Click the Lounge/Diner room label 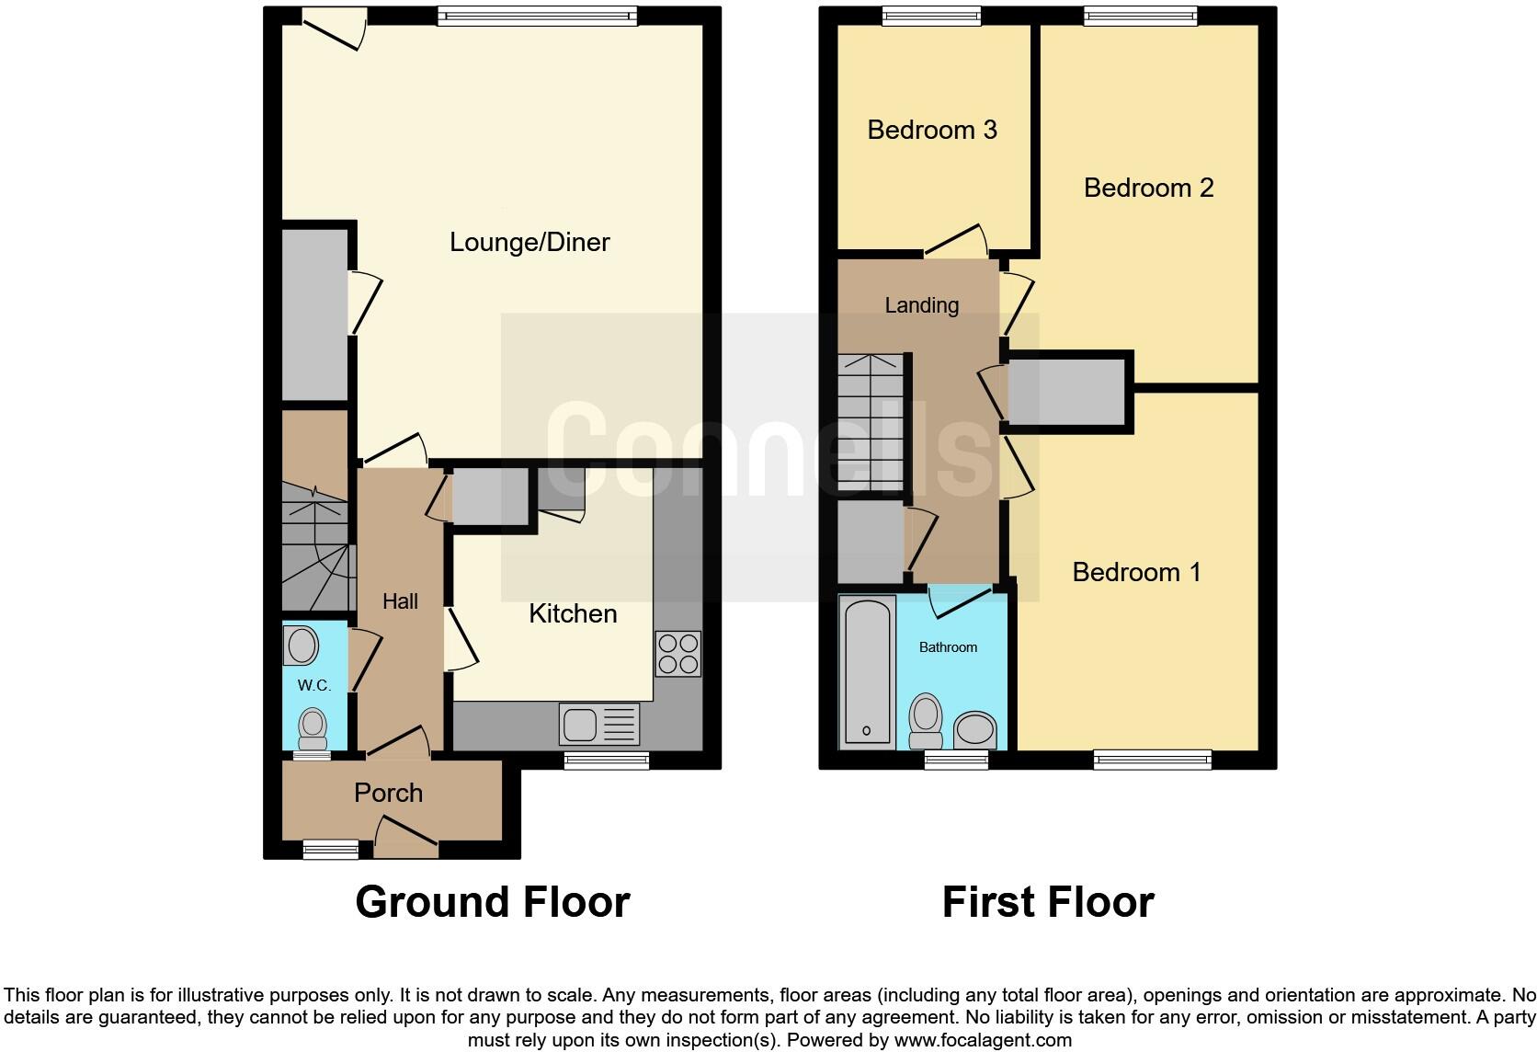[529, 242]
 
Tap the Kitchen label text [572, 613]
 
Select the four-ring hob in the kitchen [678, 654]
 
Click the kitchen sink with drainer [598, 724]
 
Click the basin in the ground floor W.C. [302, 645]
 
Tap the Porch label [388, 793]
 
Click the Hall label [400, 601]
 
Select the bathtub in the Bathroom [867, 670]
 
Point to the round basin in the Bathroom [974, 731]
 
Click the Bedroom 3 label [931, 130]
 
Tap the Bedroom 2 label [1148, 188]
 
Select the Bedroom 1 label [1136, 572]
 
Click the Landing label [921, 305]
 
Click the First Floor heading [1047, 902]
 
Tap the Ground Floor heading [492, 902]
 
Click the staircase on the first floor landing [871, 422]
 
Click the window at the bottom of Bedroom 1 [1152, 760]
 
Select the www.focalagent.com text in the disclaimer [983, 1041]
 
